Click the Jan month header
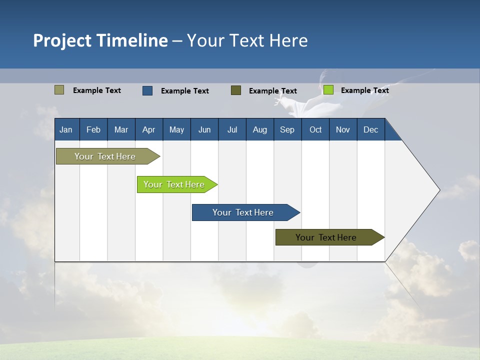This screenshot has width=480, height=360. point(66,129)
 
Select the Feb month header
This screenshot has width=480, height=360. point(93,129)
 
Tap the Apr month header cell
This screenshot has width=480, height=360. point(149,129)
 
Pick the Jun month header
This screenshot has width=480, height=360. point(204,129)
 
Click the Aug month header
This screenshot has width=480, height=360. point(260,129)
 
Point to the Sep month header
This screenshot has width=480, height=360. point(287,129)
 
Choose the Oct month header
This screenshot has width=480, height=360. point(315,129)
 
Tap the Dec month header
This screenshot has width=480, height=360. point(371,129)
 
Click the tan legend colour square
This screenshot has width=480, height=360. point(59,90)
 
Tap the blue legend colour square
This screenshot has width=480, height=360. point(147,90)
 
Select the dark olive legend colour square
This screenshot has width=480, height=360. point(236,90)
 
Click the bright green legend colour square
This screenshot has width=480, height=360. point(328,90)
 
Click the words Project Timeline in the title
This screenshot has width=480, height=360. point(100,40)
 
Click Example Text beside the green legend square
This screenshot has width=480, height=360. point(365,90)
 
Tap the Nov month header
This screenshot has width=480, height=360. point(343,129)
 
